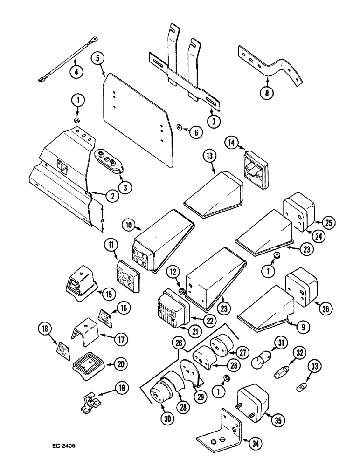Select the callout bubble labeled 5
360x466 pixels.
point(98,59)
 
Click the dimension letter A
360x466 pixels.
point(102,219)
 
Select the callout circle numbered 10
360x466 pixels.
point(129,225)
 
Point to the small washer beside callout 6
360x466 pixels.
point(179,127)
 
